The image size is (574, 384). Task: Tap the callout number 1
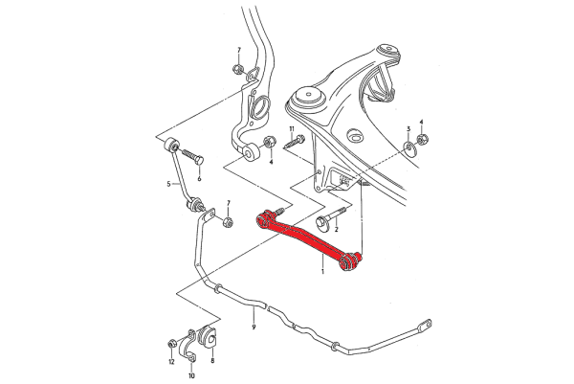point(323,272)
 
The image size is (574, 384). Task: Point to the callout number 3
point(408,128)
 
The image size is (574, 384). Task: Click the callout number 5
point(168,183)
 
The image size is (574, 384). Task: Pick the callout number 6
point(198,178)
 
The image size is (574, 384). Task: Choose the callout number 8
point(211,360)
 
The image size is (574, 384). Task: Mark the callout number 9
point(254,328)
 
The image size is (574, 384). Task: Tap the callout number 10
point(190,376)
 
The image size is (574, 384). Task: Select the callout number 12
point(171,362)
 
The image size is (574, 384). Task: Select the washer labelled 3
point(408,147)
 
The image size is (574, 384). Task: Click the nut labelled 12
point(172,342)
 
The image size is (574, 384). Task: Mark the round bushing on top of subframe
point(308,96)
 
